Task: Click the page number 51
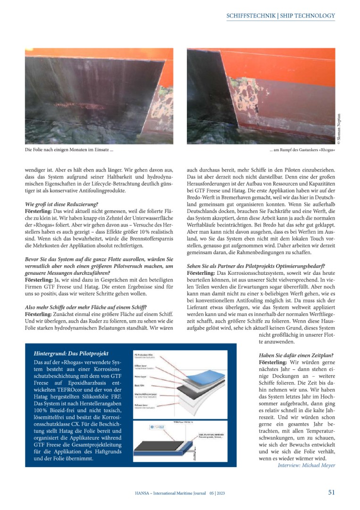point(332,492)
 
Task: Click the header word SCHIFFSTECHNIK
point(251,16)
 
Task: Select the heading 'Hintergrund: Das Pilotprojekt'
point(71,353)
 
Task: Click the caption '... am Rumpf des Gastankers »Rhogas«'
point(302,151)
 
